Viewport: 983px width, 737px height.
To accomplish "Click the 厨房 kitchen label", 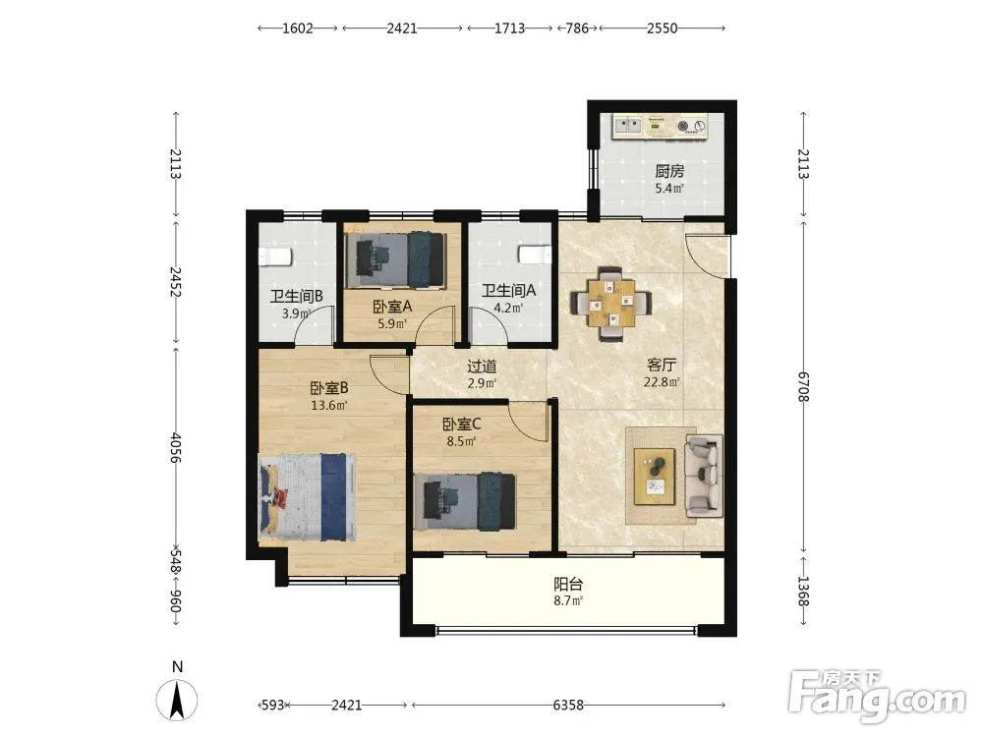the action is (x=668, y=171).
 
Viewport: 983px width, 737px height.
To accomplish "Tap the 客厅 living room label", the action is (x=662, y=365).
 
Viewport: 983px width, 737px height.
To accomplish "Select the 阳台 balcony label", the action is (x=568, y=584).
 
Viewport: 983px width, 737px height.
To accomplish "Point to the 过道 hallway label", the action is (x=482, y=366).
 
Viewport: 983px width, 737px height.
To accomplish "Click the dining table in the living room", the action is (x=611, y=304).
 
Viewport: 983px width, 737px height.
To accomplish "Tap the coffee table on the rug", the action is (x=655, y=477).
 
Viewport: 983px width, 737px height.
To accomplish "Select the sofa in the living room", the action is (x=704, y=477).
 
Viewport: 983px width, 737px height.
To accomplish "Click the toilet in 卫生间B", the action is (x=275, y=256).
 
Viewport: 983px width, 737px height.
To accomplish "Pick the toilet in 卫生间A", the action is (x=534, y=255).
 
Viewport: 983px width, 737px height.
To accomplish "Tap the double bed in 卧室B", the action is (x=308, y=497).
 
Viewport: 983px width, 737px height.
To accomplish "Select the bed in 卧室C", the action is (x=465, y=501).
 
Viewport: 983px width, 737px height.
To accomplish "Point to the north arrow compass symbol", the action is (x=177, y=700).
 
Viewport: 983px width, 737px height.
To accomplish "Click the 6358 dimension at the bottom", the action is (x=568, y=705).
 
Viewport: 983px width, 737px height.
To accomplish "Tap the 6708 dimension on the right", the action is (x=803, y=386).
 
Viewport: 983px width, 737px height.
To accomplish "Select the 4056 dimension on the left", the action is (x=176, y=447).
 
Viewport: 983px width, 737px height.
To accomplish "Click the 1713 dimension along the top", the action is (x=509, y=28).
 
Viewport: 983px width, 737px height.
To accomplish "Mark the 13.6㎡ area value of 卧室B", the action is (x=329, y=405).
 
